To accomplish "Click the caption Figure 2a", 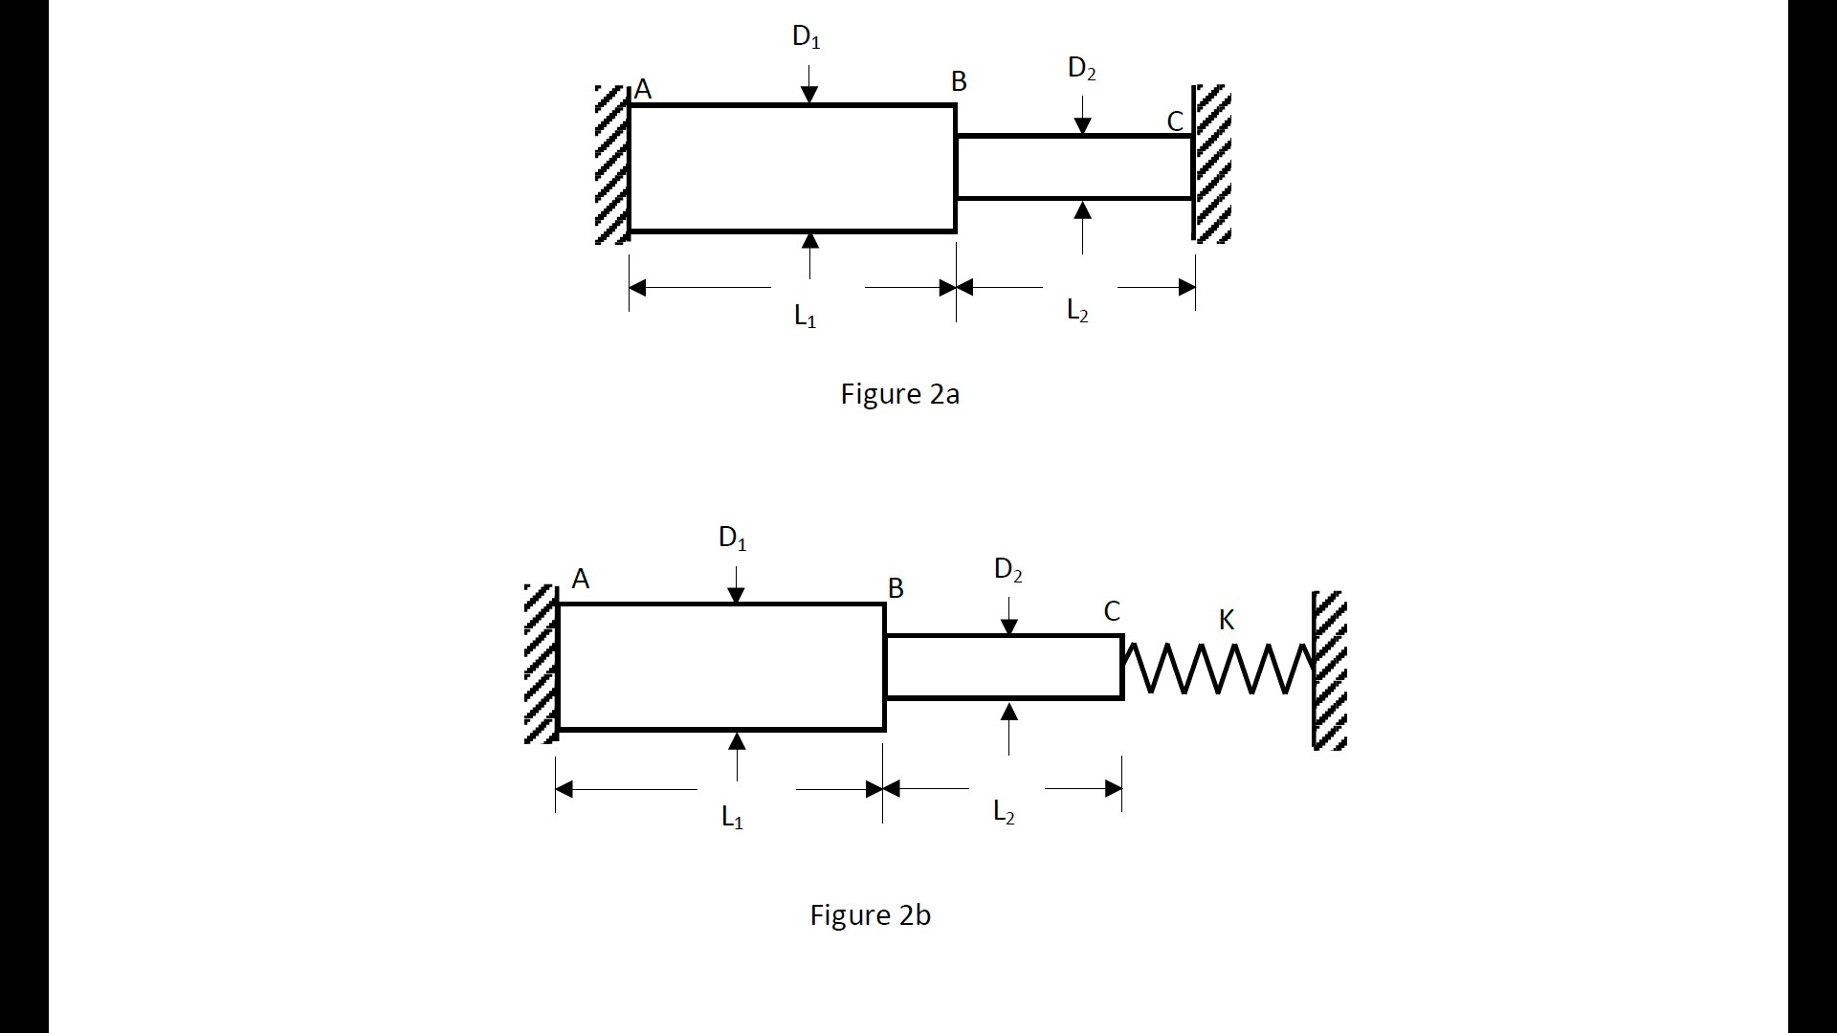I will (899, 394).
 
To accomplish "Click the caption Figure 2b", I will (870, 915).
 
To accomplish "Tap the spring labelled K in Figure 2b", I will (1217, 668).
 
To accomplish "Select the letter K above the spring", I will (1227, 621).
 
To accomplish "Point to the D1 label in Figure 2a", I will (807, 37).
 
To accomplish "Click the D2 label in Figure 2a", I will (1082, 69).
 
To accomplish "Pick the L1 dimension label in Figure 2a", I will (806, 316).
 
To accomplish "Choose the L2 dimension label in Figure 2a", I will (1077, 311).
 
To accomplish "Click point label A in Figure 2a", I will (643, 90).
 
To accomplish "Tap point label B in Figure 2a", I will (959, 82).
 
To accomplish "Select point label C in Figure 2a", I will (1175, 122).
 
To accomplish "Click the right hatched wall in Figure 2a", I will (1212, 164).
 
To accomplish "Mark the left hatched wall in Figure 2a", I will (611, 165).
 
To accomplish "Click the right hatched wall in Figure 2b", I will (1330, 670).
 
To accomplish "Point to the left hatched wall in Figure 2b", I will (541, 664).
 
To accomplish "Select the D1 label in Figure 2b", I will (733, 538).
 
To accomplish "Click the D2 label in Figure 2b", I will (1008, 570).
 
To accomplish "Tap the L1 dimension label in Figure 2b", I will (732, 817).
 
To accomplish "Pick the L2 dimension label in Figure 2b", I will (1004, 812).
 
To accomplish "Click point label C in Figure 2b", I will (1112, 612).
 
